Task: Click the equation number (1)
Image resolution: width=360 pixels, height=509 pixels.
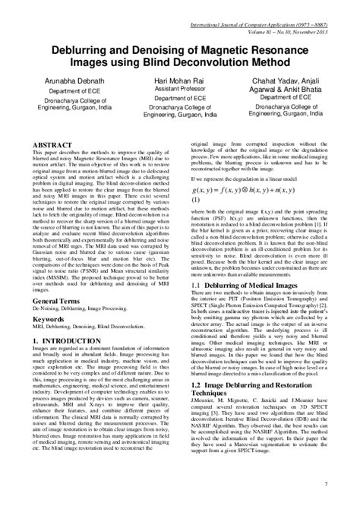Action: (x=195, y=201)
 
